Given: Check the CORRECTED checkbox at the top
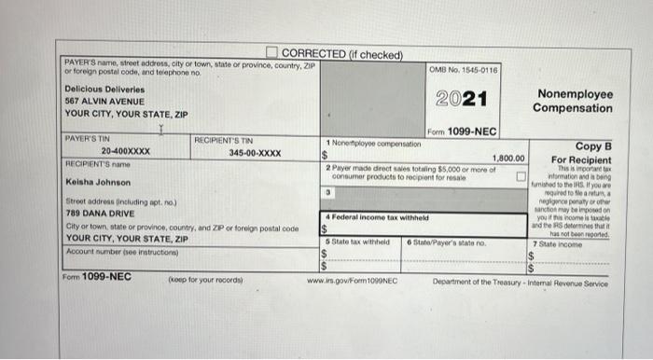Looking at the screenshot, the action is coord(272,52).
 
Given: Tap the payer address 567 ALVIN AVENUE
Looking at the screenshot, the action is coord(98,101).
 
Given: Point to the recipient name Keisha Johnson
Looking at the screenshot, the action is coord(99,183).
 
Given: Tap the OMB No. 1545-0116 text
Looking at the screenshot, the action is coord(464,70).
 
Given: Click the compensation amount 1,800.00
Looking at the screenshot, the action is coord(509,159).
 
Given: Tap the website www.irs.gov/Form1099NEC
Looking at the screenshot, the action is coord(352,280).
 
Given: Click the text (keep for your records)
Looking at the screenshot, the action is coord(206,280).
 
